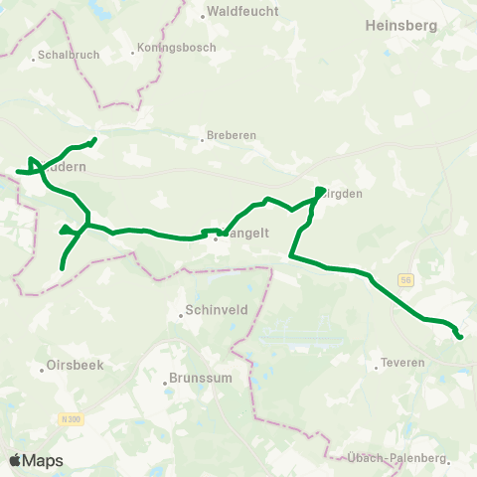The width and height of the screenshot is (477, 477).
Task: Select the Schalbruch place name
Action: click(x=67, y=56)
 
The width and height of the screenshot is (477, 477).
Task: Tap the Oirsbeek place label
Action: click(x=75, y=365)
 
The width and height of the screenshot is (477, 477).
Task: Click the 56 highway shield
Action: click(x=406, y=282)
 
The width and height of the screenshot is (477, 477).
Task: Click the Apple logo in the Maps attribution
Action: click(x=15, y=460)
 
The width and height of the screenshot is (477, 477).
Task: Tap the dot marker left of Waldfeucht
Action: click(x=202, y=15)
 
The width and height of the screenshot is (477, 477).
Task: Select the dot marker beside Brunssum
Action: click(x=165, y=380)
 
